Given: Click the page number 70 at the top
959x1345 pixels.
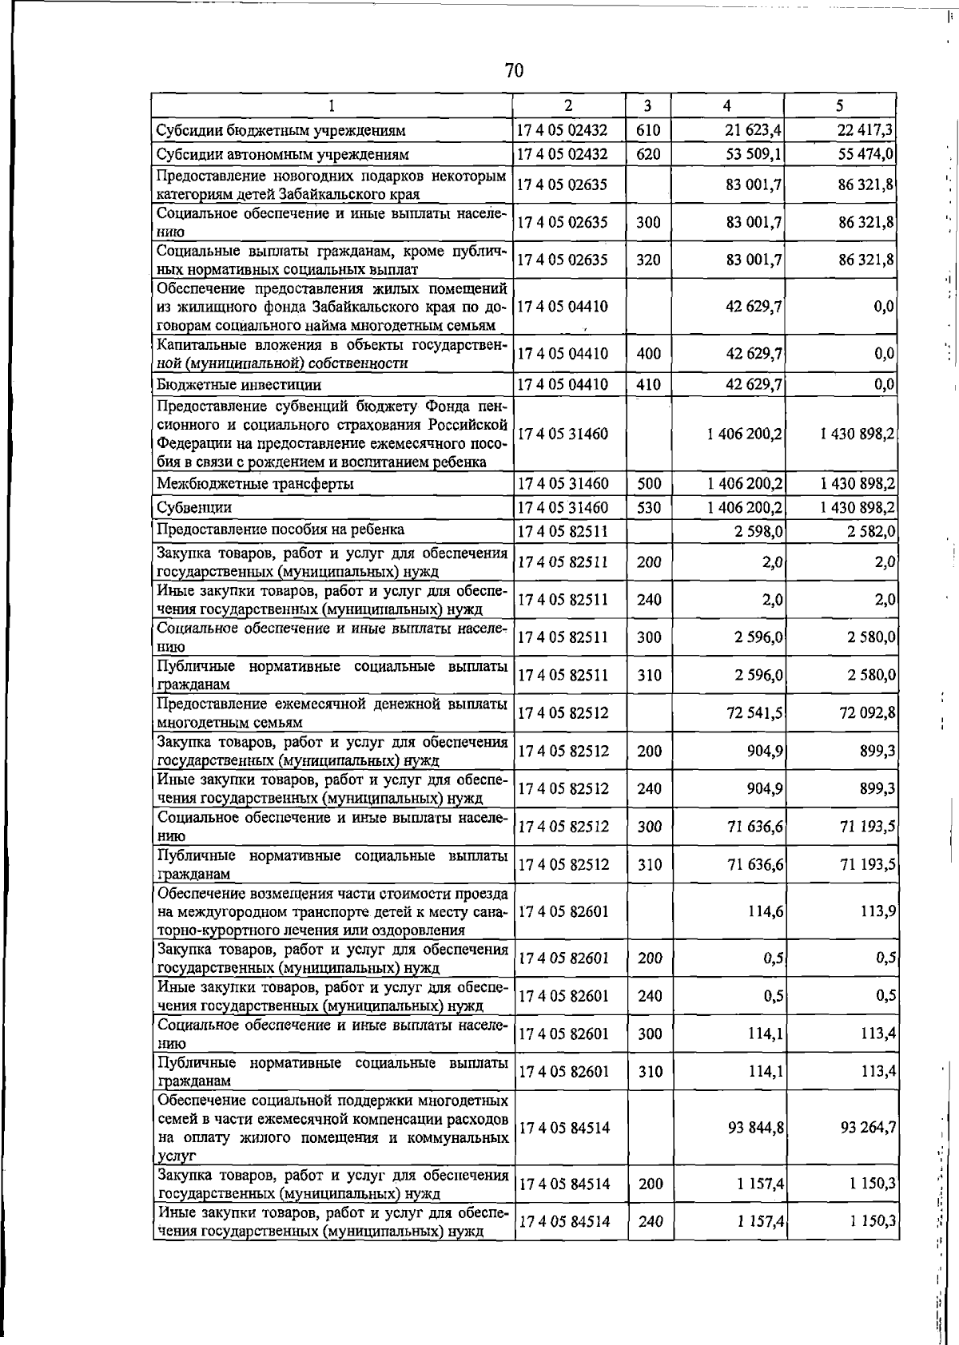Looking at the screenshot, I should coord(514,71).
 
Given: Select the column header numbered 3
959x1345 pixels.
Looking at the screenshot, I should coord(647,105).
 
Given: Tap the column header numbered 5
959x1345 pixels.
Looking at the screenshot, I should coord(840,105).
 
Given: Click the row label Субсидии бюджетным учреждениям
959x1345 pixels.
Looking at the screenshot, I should coord(281,130).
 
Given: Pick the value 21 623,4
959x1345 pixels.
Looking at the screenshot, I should coord(754,130).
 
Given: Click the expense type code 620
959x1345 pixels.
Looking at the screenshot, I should coord(648,154).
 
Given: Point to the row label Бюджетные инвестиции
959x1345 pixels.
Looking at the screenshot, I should coord(239,385).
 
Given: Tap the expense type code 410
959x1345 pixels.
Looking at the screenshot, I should coord(648,385).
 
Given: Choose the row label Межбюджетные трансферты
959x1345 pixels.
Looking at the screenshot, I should coord(255,484).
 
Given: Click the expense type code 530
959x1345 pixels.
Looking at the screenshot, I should coord(648,508).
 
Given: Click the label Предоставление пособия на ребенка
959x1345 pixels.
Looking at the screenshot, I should coord(281,530).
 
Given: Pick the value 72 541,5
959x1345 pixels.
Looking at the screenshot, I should coord(754,712).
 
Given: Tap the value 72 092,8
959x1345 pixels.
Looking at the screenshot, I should coord(867,712).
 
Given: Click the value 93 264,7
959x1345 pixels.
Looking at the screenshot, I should coord(868,1128).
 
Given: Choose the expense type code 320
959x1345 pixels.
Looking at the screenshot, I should coord(648,260).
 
